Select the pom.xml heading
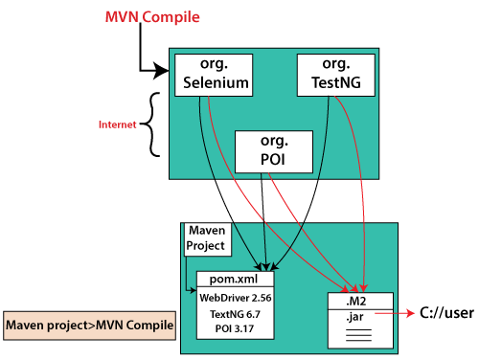pyautogui.click(x=235, y=279)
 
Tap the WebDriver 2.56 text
pyautogui.click(x=235, y=298)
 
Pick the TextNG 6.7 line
pyautogui.click(x=235, y=314)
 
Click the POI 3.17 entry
pyautogui.click(x=235, y=330)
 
